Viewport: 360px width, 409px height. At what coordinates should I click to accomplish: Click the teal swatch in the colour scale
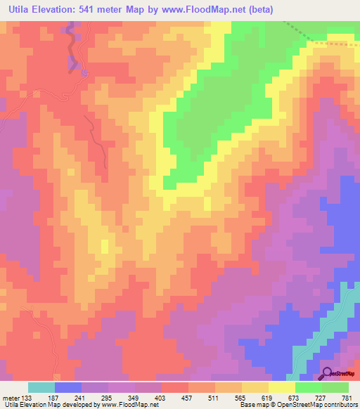point(41,387)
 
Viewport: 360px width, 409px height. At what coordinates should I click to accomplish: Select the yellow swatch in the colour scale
point(282,387)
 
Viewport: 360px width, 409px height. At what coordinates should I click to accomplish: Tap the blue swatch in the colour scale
point(68,387)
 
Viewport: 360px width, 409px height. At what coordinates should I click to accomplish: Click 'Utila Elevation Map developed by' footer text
point(49,404)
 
